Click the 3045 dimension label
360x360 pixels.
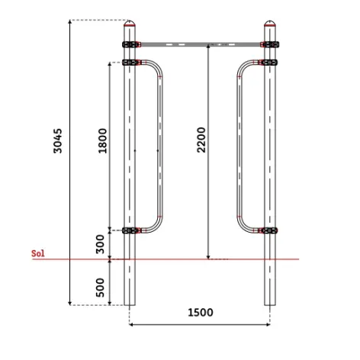pyautogui.click(x=58, y=140)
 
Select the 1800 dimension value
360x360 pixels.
pyautogui.click(x=103, y=141)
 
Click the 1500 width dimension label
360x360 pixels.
pyautogui.click(x=200, y=313)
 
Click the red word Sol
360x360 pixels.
pyautogui.click(x=38, y=252)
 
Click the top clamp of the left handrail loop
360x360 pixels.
pyautogui.click(x=132, y=62)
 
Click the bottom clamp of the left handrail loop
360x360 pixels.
pyautogui.click(x=132, y=230)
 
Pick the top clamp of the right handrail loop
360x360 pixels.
pyautogui.click(x=268, y=62)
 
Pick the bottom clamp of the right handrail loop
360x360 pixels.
pyautogui.click(x=268, y=230)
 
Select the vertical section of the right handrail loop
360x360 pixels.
pyautogui.click(x=239, y=145)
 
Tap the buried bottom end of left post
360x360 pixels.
pyautogui.click(x=130, y=297)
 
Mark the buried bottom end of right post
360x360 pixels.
pyautogui.click(x=270, y=297)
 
